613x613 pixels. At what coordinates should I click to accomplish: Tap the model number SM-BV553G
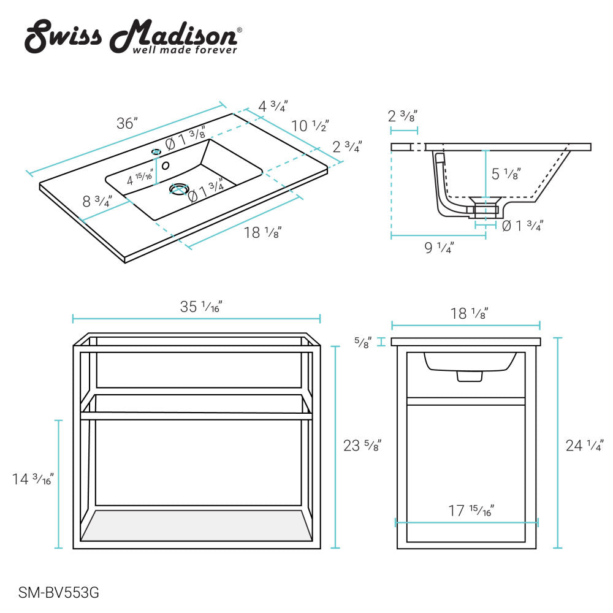[59, 593]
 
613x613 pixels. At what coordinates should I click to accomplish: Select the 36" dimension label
[127, 123]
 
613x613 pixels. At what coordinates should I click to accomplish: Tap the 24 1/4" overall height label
[584, 446]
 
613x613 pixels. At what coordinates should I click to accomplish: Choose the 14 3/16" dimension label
[33, 479]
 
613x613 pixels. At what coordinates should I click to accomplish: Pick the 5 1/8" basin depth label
[506, 174]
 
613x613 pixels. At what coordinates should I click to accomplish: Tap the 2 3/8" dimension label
[403, 116]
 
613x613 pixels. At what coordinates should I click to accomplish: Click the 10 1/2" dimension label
[310, 126]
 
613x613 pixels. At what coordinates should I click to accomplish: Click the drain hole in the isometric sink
[178, 189]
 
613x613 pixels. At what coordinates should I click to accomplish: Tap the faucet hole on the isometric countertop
[156, 151]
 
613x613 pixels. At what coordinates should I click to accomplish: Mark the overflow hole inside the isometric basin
[166, 165]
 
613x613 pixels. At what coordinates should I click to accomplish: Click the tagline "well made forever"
[185, 50]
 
